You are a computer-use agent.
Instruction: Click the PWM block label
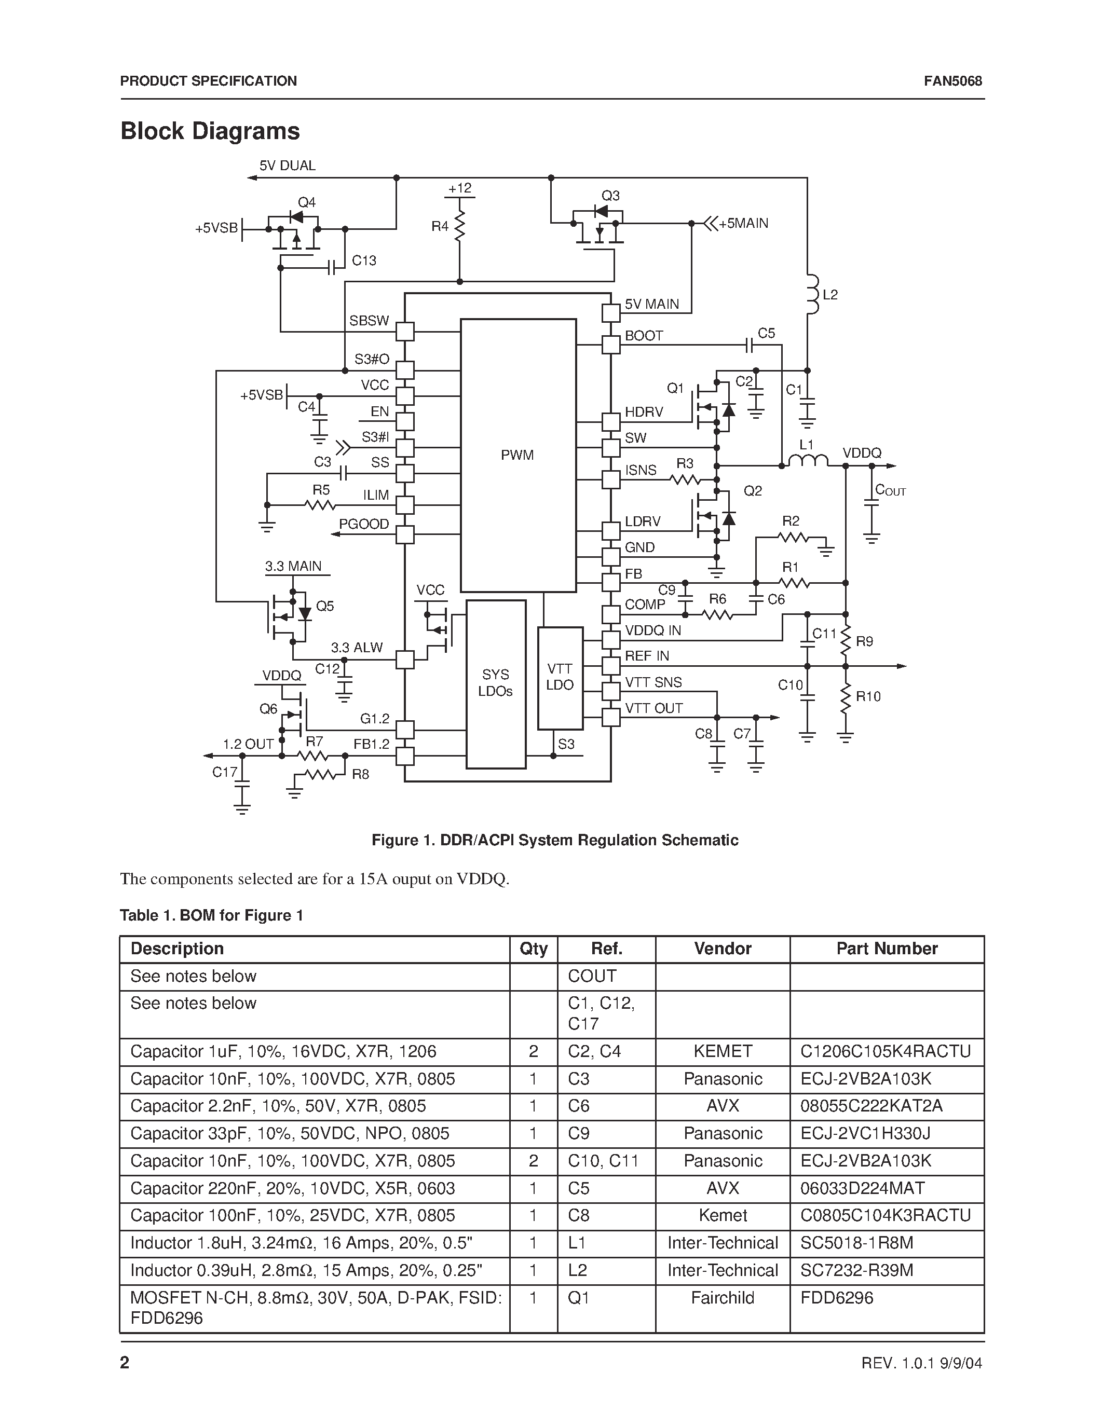tap(517, 456)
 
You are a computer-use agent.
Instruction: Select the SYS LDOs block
tap(495, 683)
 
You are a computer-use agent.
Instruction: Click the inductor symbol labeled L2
tap(812, 295)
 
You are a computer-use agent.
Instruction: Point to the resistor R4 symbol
tap(459, 226)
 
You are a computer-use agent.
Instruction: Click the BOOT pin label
tap(644, 336)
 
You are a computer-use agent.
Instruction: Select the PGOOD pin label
tap(364, 524)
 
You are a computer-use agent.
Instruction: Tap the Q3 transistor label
tap(610, 196)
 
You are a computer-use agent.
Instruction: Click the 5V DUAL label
tap(288, 166)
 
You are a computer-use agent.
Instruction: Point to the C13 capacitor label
tap(364, 260)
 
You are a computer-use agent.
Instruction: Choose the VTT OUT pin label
tap(653, 708)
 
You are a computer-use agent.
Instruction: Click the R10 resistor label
tap(868, 696)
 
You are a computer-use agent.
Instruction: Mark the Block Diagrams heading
tap(210, 131)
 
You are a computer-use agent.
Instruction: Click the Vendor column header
tap(722, 949)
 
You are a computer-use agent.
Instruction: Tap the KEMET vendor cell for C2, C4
tap(722, 1051)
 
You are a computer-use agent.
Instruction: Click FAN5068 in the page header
tap(952, 81)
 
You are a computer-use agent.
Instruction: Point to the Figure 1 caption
tap(555, 840)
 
